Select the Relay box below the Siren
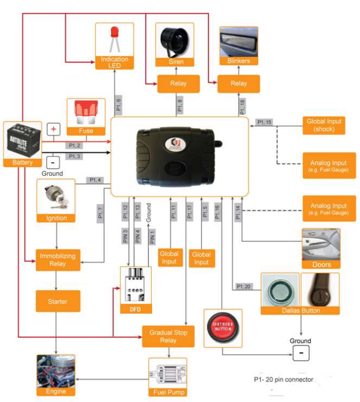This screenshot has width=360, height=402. (x=177, y=84)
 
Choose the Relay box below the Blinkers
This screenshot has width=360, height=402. (x=239, y=84)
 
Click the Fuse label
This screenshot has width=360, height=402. (x=86, y=131)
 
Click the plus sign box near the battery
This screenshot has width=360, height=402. (x=54, y=129)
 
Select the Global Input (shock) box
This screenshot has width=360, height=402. (x=324, y=125)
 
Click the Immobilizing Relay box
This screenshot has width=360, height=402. (x=58, y=259)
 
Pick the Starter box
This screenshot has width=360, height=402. (x=58, y=301)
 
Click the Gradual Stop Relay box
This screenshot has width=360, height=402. (x=168, y=336)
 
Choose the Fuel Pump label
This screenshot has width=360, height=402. (x=167, y=392)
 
